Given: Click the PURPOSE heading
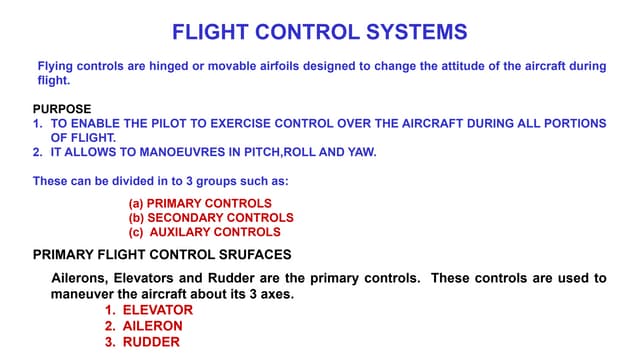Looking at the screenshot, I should click(x=62, y=109).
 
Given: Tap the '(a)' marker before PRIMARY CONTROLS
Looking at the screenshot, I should click(x=136, y=203).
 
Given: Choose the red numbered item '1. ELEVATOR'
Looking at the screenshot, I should click(x=149, y=310).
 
